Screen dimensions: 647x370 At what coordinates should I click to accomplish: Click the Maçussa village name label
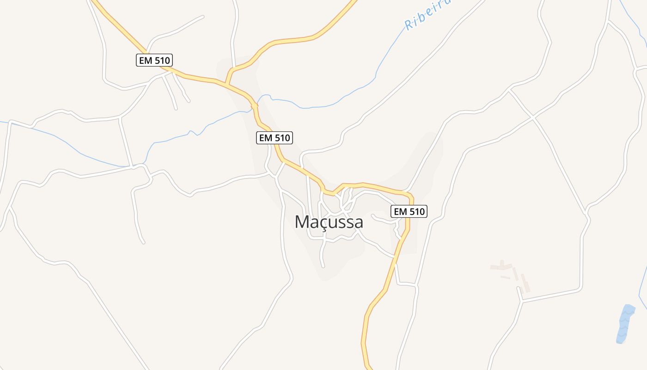[329, 222]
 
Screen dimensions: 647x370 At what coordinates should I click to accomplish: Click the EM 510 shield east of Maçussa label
[409, 211]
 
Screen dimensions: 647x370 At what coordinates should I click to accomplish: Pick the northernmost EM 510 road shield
[154, 60]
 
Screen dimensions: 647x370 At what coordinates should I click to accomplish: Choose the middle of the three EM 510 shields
[275, 137]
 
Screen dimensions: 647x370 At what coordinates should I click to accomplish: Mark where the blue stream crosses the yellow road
[254, 105]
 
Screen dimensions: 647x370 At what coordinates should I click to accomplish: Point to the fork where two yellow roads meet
[226, 84]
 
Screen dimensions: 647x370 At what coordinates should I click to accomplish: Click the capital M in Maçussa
[302, 222]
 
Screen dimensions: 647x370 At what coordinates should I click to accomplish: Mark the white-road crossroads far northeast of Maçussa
[533, 118]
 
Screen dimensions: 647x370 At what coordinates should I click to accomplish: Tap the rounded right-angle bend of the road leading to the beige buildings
[580, 289]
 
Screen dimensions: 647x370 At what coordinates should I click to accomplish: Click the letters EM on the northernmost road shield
[146, 60]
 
